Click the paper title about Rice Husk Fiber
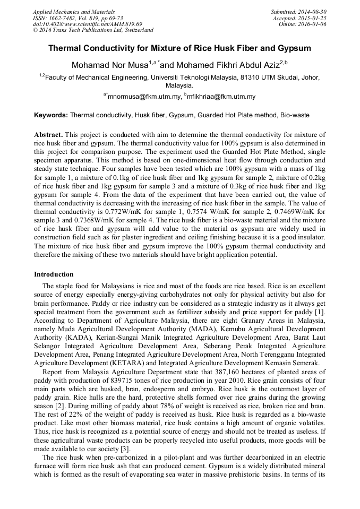[179, 48]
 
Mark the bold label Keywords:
[51, 115]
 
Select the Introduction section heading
[54, 274]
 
